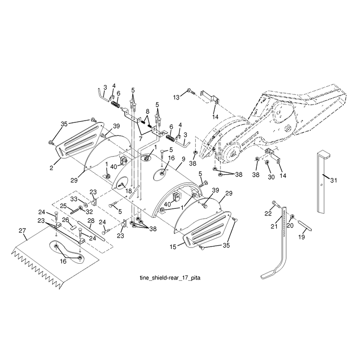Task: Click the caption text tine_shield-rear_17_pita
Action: tap(170, 278)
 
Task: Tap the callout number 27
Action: tap(22, 230)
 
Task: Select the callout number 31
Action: tap(333, 180)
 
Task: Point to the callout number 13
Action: tap(176, 97)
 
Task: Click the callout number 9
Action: tap(183, 158)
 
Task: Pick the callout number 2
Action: tap(51, 168)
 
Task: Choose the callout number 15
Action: tap(173, 247)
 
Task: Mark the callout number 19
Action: tap(301, 237)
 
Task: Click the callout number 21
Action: tap(274, 226)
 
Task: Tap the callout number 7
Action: tap(140, 139)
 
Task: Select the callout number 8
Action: tap(148, 112)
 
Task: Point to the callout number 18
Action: tap(129, 191)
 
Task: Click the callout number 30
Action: tap(271, 177)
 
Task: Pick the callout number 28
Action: tap(91, 221)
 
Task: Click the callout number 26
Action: tap(66, 220)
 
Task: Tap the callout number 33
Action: tap(74, 199)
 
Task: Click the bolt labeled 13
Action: tap(191, 91)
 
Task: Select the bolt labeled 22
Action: tap(276, 203)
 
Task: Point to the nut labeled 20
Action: tap(292, 216)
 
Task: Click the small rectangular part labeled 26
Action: tap(73, 228)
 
